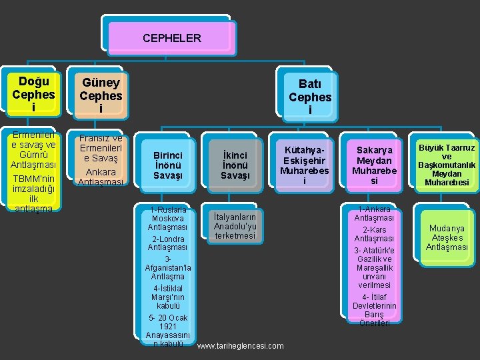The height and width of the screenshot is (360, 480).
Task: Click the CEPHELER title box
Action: (x=171, y=38)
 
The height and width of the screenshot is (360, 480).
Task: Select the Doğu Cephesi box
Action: (x=33, y=94)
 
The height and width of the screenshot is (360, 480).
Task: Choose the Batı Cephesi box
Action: (x=310, y=97)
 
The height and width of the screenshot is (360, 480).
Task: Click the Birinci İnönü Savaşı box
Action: (x=168, y=165)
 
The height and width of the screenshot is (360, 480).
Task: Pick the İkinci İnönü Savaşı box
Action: (x=235, y=165)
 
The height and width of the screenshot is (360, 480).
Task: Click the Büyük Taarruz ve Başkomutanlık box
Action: (x=447, y=165)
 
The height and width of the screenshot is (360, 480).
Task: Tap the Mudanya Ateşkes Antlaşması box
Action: (x=447, y=237)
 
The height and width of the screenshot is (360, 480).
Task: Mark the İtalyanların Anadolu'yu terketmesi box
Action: (x=235, y=226)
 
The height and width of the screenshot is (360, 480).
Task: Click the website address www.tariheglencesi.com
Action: (x=241, y=345)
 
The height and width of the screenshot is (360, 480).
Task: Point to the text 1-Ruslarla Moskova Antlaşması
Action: (x=168, y=218)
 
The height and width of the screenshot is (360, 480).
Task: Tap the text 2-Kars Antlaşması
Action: (x=374, y=234)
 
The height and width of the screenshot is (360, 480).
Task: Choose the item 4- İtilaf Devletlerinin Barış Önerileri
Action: (x=374, y=310)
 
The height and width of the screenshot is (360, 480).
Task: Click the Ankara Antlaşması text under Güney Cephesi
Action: (x=101, y=177)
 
